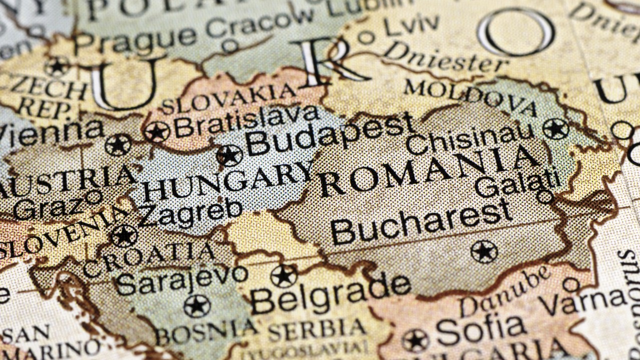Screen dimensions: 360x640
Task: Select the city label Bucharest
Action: point(421,222)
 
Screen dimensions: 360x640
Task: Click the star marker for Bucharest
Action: point(484,251)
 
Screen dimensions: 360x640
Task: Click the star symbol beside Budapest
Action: point(229,155)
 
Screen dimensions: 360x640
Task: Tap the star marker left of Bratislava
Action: point(157,132)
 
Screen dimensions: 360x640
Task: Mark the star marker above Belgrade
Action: point(284,276)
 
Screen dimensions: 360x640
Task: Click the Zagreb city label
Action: point(191,213)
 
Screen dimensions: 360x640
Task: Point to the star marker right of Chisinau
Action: point(555,129)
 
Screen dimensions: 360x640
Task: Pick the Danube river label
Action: point(505,291)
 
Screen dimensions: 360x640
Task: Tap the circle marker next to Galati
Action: point(545,196)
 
